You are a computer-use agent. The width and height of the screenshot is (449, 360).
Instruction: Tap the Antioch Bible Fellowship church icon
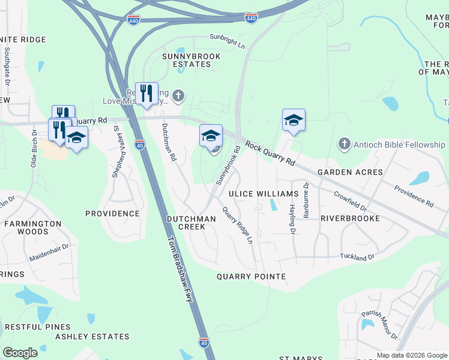click(x=344, y=144)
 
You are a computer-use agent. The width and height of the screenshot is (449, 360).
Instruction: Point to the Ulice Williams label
click(x=264, y=194)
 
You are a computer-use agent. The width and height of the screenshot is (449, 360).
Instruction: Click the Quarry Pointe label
click(x=251, y=277)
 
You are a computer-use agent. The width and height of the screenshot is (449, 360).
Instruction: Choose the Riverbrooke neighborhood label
click(x=350, y=218)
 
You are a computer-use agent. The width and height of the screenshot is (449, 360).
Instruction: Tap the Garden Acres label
click(x=350, y=172)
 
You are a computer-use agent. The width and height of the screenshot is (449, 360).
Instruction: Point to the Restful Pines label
click(x=37, y=327)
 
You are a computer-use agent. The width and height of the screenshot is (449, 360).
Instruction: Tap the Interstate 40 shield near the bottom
click(x=204, y=342)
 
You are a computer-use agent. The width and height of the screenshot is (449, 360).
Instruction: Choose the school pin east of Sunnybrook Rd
click(x=294, y=120)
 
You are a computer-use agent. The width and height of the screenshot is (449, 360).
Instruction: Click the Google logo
click(x=20, y=353)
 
